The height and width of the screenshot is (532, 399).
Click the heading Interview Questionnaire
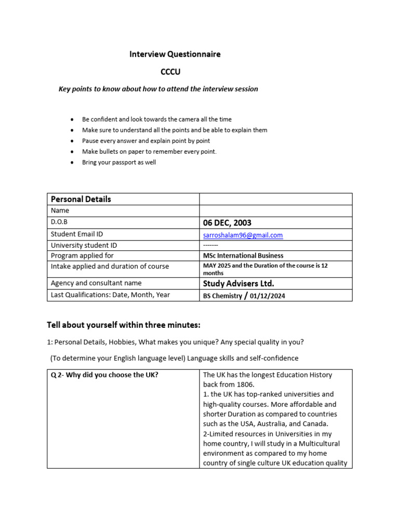tap(175, 54)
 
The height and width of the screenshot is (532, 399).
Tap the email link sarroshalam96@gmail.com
tap(243, 235)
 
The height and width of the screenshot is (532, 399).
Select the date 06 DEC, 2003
tap(227, 223)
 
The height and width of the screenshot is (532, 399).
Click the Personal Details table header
tap(81, 199)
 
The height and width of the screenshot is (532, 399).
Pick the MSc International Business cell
tap(243, 256)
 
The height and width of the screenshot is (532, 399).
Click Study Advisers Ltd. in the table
tap(238, 283)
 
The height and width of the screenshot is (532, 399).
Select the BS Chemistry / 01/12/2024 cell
tap(244, 296)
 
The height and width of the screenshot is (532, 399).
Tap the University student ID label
tap(84, 245)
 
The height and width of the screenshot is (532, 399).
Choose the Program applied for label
tap(82, 256)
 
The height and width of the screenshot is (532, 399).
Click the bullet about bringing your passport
tap(119, 162)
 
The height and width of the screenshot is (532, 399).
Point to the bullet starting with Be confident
tap(157, 119)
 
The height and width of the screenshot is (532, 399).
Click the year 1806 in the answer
tap(247, 384)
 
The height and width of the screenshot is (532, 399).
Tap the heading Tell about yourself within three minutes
tap(123, 325)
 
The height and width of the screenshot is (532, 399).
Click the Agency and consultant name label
tap(96, 283)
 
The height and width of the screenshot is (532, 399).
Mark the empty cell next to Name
tap(275, 211)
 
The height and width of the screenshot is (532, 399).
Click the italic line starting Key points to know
tap(158, 89)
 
